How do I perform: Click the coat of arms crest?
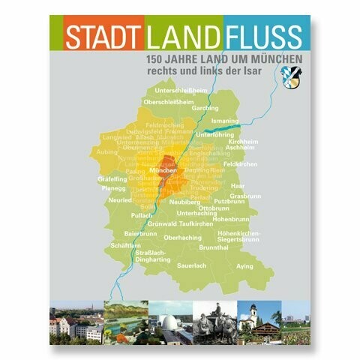point(289,73)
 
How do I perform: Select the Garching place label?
point(205,107)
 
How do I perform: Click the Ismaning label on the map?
point(224,120)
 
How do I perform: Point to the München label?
point(163,171)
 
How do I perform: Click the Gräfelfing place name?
point(112,180)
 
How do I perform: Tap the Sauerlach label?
point(191,266)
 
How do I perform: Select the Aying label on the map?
point(244,266)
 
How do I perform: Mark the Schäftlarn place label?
point(125,245)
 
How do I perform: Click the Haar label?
point(238,185)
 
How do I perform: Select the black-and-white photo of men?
point(214,320)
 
